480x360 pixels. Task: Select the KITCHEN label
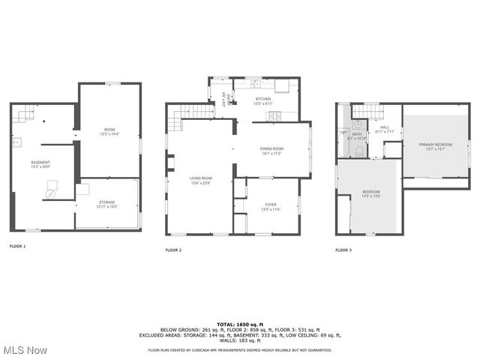click(263, 100)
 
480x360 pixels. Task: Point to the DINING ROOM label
click(271, 149)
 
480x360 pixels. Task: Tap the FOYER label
click(270, 204)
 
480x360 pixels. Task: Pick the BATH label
click(356, 135)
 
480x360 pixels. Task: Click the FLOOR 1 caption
click(17, 246)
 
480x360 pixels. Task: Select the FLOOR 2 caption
click(174, 250)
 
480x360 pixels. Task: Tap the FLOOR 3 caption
click(343, 250)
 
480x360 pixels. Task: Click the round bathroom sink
click(358, 124)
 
